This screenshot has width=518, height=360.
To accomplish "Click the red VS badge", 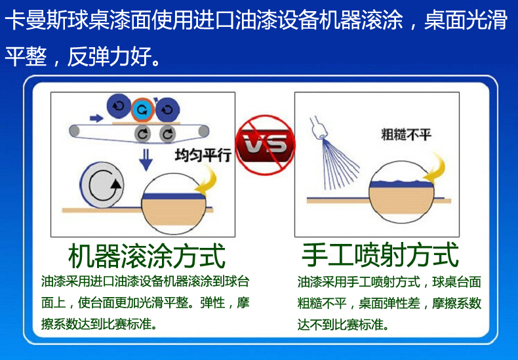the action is tap(266, 145).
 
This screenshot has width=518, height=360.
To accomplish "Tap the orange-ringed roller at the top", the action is tap(142, 110).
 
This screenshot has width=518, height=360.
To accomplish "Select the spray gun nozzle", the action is tap(318, 128).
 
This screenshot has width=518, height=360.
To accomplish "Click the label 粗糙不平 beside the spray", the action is tap(406, 134).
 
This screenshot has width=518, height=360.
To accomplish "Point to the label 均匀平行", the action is tap(203, 155).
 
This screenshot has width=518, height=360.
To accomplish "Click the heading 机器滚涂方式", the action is tap(147, 256).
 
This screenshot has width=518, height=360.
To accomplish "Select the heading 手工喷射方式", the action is tap(380, 254).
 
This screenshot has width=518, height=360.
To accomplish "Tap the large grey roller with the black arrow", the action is tap(102, 185).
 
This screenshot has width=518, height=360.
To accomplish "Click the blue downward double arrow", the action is tap(146, 159).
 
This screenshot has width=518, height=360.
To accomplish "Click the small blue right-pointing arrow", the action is tap(96, 118).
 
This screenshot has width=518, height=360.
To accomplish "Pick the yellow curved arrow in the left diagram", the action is tap(207, 180).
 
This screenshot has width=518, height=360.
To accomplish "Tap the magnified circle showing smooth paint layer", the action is tap(174, 203).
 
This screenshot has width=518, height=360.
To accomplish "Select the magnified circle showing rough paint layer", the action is tap(401, 192).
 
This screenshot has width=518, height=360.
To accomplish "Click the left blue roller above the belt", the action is tap(118, 106).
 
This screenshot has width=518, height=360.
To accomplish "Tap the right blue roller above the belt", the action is tap(167, 110).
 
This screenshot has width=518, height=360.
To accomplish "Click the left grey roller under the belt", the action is tap(142, 134).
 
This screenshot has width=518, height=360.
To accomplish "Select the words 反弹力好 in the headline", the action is tap(110, 57).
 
